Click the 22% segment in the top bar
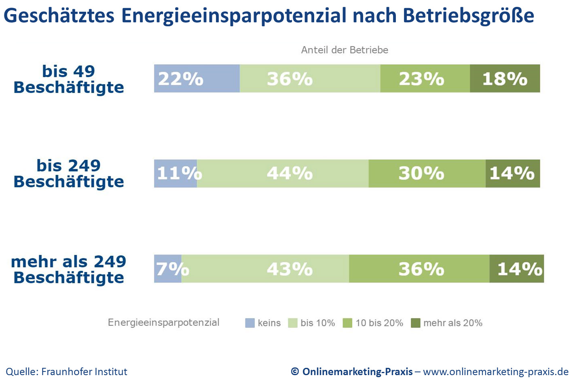pos(197,78)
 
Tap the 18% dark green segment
pos(505,78)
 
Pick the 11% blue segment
pos(175,173)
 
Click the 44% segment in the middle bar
pos(283,173)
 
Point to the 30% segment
pos(427,173)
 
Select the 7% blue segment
pos(168,269)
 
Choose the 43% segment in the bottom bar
pos(265,269)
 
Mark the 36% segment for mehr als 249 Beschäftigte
pos(419,269)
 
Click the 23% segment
pos(425,78)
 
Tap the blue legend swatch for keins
pos(250,323)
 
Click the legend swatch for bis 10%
pos(293,323)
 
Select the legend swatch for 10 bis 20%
pos(347,323)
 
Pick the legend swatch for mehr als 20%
pos(415,323)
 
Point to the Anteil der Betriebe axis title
pos(345,50)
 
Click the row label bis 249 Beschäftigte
pos(69,174)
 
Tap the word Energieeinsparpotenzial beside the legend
pos(163,323)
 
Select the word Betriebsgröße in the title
pos(468,16)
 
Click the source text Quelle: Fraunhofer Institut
pos(66,371)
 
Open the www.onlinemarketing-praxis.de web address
pos(496,371)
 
